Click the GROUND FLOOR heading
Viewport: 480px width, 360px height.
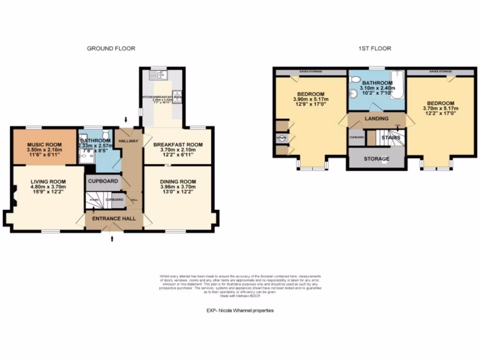click(x=111, y=48)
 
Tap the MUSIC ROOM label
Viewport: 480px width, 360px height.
click(x=42, y=144)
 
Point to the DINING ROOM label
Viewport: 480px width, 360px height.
click(x=178, y=181)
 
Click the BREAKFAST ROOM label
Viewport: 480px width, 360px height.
click(x=178, y=144)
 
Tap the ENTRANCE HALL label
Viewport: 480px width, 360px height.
click(x=113, y=219)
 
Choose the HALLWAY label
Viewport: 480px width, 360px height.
click(x=128, y=140)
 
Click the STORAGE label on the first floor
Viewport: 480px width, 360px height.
click(x=376, y=159)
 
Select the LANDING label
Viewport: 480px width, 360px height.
click(x=376, y=119)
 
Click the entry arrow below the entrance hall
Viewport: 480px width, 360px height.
click(x=112, y=239)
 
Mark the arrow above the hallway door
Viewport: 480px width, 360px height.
click(x=125, y=121)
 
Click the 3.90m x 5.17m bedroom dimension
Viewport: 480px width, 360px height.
click(x=311, y=99)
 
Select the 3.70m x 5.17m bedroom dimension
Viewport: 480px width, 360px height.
click(x=440, y=109)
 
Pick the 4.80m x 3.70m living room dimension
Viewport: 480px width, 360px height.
click(x=48, y=187)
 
